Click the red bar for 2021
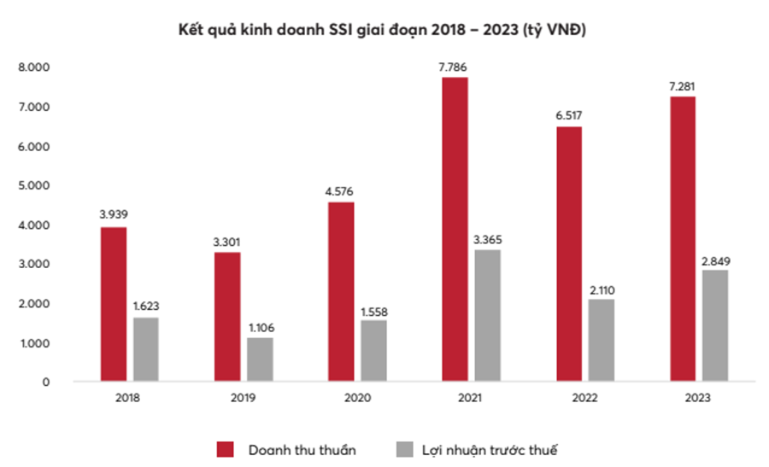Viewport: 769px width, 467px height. [x=455, y=229]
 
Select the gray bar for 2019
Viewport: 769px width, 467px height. [x=260, y=359]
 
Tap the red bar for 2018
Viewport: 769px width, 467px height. [x=114, y=304]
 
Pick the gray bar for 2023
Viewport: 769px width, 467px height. [x=715, y=325]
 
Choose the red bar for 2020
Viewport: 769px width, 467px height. [x=341, y=291]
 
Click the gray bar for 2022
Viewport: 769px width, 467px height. [x=602, y=340]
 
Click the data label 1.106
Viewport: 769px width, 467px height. [x=260, y=327]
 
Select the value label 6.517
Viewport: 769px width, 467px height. [x=569, y=116]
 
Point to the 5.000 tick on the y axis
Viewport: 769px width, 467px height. [x=35, y=185]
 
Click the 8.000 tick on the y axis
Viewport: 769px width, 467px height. [x=35, y=67]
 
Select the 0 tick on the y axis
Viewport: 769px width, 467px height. [x=46, y=382]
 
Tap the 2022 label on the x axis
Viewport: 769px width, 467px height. [x=585, y=399]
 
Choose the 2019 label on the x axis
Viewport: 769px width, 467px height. [x=244, y=399]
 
